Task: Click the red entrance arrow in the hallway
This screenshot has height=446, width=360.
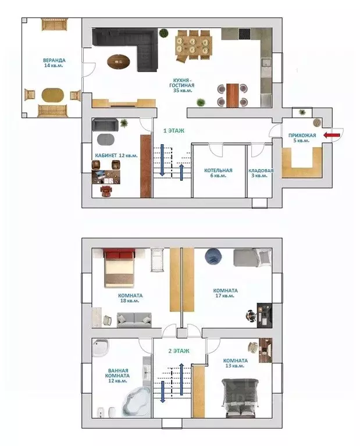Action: point(332,135)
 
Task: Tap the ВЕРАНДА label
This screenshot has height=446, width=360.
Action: point(54,60)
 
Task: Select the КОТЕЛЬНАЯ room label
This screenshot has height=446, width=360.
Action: point(218,170)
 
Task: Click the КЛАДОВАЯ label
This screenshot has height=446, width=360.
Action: point(261,170)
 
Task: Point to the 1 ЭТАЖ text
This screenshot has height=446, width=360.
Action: point(173,131)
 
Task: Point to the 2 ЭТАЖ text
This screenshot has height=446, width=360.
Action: point(179,351)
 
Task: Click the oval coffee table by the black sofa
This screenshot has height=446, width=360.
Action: point(119,62)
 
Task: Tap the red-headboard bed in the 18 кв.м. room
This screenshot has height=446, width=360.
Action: point(120,268)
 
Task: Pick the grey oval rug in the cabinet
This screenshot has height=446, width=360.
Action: point(106,140)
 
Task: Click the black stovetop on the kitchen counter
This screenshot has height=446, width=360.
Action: point(244,34)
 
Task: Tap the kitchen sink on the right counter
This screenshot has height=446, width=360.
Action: point(266,63)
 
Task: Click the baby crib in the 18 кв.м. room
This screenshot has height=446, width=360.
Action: point(158,260)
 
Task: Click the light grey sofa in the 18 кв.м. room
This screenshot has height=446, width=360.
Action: point(134,320)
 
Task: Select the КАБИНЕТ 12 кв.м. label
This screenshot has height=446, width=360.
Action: point(116,156)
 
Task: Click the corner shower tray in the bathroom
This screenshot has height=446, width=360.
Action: point(101,347)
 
